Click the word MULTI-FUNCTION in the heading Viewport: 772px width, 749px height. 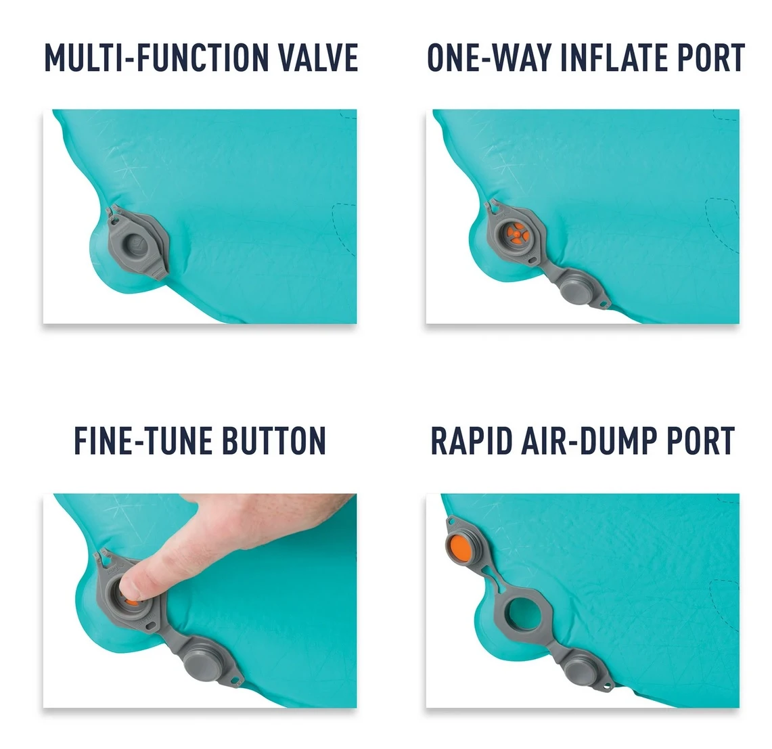(157, 58)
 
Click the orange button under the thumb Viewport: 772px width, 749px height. (131, 602)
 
